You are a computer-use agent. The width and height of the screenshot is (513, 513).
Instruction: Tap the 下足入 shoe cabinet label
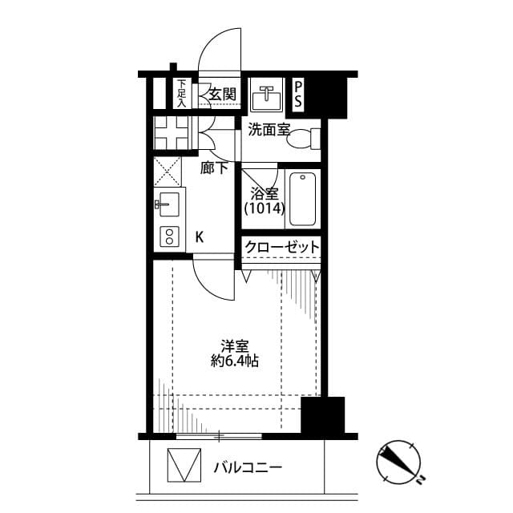click(x=182, y=93)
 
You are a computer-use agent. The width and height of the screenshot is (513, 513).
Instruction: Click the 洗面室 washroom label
click(x=269, y=129)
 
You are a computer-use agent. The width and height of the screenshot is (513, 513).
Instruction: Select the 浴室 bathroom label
click(x=264, y=193)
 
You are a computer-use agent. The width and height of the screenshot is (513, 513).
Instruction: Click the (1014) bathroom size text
click(x=264, y=208)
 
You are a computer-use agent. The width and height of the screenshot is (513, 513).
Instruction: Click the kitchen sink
click(x=169, y=204)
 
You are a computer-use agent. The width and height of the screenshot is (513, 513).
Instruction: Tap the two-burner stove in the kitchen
click(x=170, y=236)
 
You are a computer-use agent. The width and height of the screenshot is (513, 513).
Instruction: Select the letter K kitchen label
click(x=200, y=236)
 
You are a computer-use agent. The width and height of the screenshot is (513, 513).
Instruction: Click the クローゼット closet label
click(x=281, y=247)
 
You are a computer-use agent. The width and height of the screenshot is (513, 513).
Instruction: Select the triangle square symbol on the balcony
click(x=183, y=467)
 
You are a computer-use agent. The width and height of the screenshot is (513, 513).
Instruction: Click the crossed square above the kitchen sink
click(x=169, y=171)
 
